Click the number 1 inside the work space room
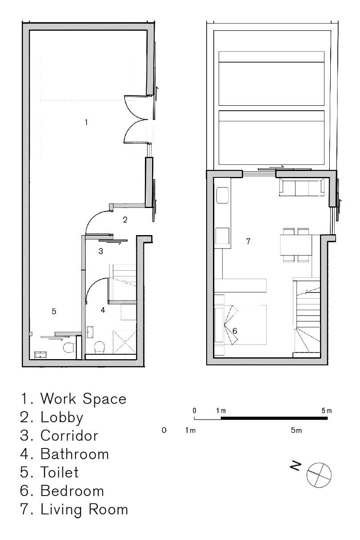pyautogui.click(x=86, y=123)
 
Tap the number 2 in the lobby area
pyautogui.click(x=125, y=220)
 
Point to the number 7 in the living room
pyautogui.click(x=248, y=241)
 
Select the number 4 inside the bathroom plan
pyautogui.click(x=103, y=310)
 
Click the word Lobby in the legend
pyautogui.click(x=62, y=417)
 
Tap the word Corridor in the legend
pyautogui.click(x=69, y=436)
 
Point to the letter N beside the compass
pyautogui.click(x=296, y=466)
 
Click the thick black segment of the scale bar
pyautogui.click(x=274, y=418)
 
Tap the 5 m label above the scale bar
pyautogui.click(x=327, y=411)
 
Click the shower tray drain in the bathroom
pyautogui.click(x=125, y=342)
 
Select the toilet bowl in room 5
pyautogui.click(x=68, y=348)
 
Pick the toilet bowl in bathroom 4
pyautogui.click(x=100, y=348)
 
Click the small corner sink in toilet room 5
pyautogui.click(x=40, y=355)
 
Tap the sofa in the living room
pyautogui.click(x=302, y=187)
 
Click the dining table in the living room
pyautogui.click(x=296, y=245)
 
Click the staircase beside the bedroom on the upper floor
pyautogui.click(x=307, y=317)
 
